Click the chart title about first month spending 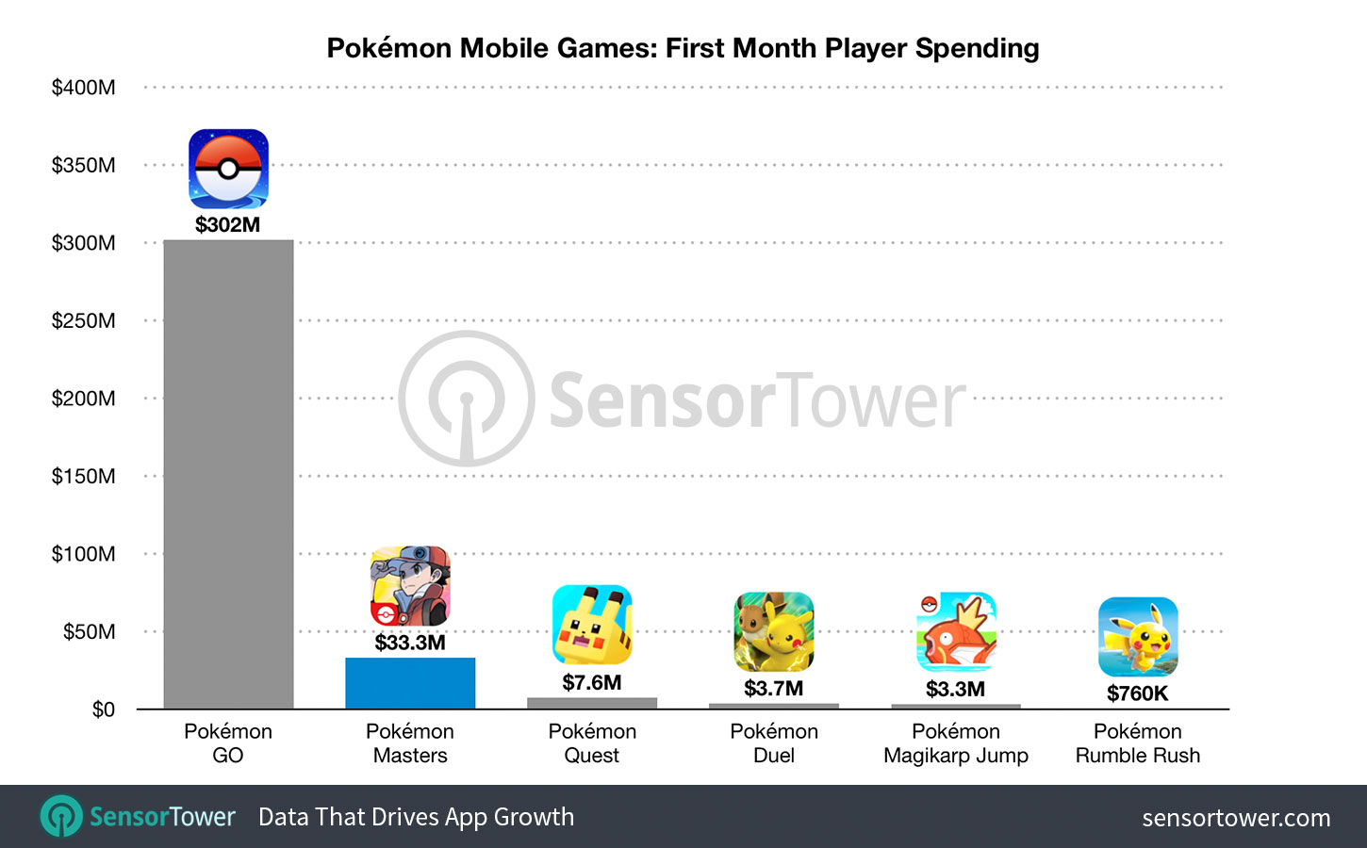coord(683,48)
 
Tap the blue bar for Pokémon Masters coord(410,683)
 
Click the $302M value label coord(227,225)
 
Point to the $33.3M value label coord(410,643)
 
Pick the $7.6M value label coord(592,682)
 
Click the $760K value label coord(1137,693)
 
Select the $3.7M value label coord(774,689)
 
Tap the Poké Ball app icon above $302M coord(228,169)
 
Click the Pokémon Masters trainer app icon coord(410,586)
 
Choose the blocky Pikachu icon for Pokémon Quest coord(592,625)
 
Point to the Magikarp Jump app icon coord(956,631)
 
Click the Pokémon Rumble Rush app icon coord(1138,637)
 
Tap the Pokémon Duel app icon coord(774,631)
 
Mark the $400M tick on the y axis coord(84,88)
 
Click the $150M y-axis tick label coord(84,476)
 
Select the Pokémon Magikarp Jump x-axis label coord(956,743)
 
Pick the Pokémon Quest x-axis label coord(592,743)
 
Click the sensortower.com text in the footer coord(1236,818)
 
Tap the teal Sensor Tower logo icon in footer coord(62,816)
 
